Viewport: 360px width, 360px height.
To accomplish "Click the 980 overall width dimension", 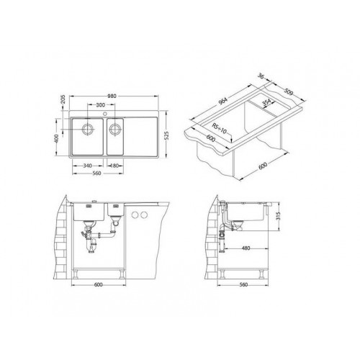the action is [112, 96].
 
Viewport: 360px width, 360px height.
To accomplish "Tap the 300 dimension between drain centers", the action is [100, 105].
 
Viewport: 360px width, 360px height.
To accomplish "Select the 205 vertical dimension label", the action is [63, 99].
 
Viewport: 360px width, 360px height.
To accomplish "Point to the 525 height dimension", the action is [167, 135].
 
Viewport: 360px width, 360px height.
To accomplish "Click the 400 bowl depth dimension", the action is [57, 138].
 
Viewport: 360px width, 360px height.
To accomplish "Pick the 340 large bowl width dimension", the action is [88, 166].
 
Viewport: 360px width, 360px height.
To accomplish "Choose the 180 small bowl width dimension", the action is [114, 166].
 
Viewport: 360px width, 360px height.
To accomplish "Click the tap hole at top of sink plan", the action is [105, 113].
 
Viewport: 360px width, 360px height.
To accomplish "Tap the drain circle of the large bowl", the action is [88, 129].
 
